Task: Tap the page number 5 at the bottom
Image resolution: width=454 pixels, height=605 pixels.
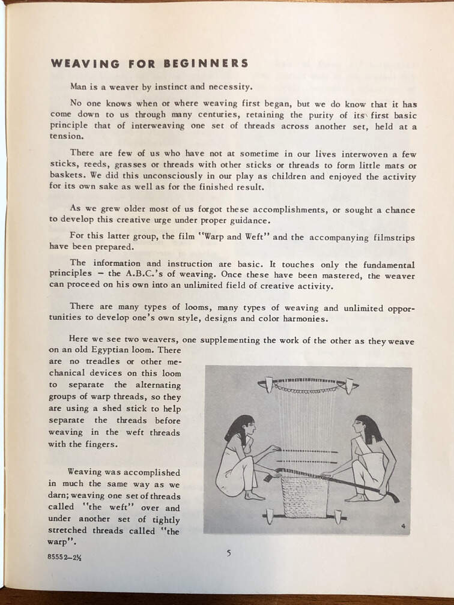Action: (x=229, y=553)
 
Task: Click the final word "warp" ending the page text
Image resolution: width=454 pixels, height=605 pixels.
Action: (x=59, y=542)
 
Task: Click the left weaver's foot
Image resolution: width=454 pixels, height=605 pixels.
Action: (x=255, y=496)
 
